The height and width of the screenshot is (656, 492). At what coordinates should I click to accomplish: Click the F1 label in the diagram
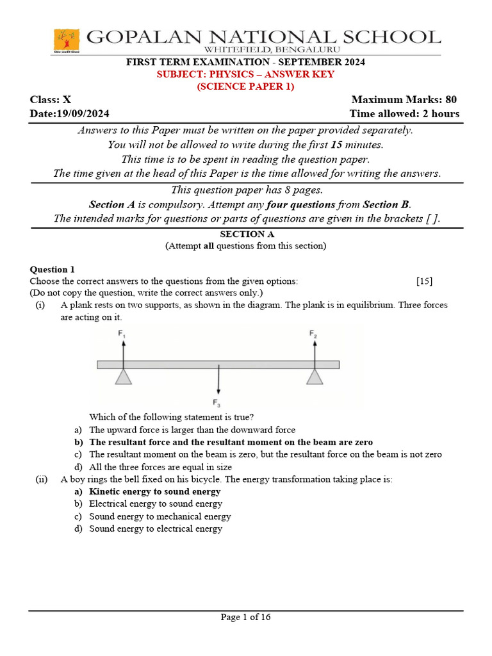point(122,333)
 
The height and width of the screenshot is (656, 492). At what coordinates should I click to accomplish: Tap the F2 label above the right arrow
point(313,333)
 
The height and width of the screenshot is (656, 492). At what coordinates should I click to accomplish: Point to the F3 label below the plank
point(217,402)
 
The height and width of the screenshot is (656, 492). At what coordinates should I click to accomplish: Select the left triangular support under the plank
point(124,377)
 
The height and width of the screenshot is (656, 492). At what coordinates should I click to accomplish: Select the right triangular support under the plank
point(314,377)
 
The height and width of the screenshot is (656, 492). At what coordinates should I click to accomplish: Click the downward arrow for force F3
point(218,381)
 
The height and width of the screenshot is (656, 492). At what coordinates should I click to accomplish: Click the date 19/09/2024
point(83,113)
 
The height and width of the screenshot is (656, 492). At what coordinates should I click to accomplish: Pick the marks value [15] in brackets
point(424,281)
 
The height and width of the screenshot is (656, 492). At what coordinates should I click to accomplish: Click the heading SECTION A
point(246,234)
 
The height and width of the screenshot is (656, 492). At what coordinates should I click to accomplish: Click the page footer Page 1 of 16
point(246,618)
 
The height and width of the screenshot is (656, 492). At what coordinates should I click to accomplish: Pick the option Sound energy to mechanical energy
point(160,516)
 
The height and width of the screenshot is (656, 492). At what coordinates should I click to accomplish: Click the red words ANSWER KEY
point(302,74)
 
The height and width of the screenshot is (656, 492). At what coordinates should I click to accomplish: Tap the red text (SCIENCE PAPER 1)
point(245,86)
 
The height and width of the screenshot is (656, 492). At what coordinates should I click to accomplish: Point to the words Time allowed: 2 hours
point(404,113)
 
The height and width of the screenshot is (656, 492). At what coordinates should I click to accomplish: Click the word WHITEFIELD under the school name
point(233,49)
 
